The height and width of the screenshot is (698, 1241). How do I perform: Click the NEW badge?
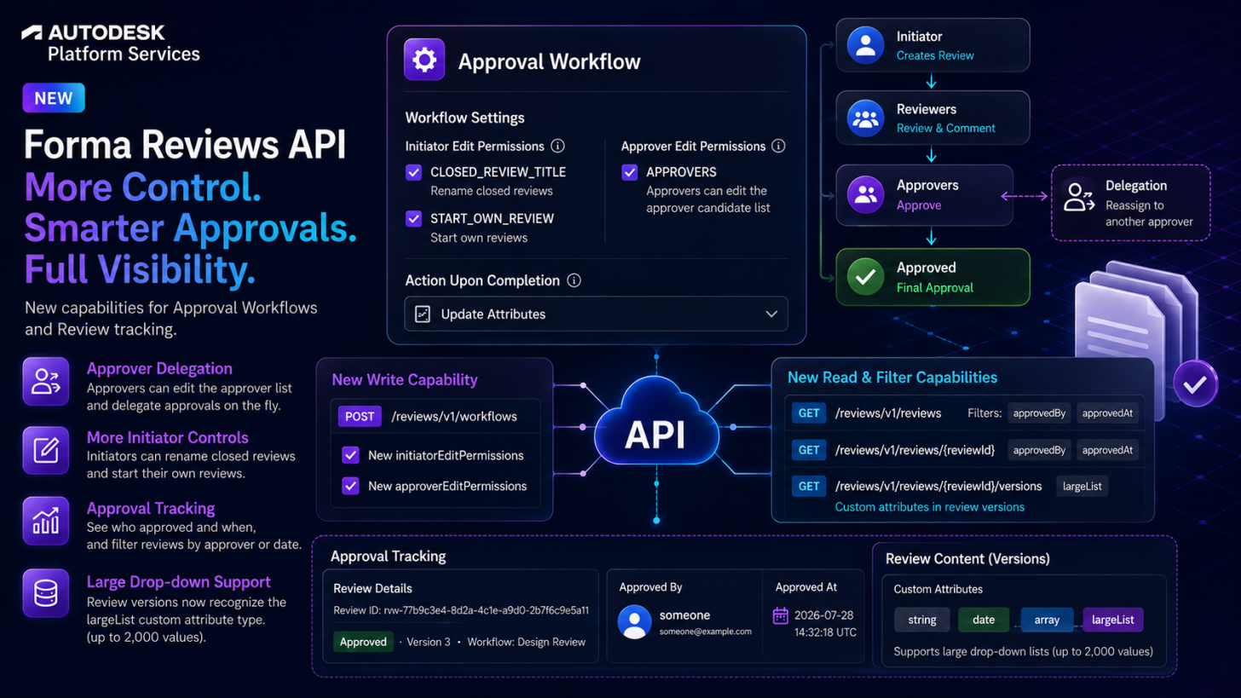[x=54, y=98]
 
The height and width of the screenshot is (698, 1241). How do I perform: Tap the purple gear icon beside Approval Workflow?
[x=424, y=60]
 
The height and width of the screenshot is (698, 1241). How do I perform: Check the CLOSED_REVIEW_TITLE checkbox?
[x=414, y=172]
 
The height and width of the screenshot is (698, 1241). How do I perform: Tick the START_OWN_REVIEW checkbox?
[x=414, y=219]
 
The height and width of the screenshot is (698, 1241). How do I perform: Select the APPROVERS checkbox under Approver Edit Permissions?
[x=629, y=172]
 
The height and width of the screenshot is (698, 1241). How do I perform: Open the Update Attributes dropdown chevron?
[x=771, y=314]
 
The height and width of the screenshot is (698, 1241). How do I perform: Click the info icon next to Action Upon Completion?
[x=574, y=280]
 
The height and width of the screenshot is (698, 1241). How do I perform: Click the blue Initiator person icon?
[x=865, y=45]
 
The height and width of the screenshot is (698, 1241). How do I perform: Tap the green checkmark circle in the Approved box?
[x=865, y=277]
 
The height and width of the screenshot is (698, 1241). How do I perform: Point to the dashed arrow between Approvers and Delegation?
[x=1025, y=196]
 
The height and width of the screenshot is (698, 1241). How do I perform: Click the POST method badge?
[x=360, y=417]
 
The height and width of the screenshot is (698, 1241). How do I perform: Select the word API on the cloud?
[x=655, y=436]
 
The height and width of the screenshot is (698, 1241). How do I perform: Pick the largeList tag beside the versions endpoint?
[x=1082, y=487]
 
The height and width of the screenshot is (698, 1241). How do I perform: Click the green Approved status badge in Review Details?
[x=363, y=642]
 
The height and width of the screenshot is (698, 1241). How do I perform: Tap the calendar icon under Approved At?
[x=781, y=615]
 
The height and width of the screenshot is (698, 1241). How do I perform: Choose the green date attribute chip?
[x=984, y=620]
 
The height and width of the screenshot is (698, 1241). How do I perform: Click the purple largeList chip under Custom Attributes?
[x=1112, y=620]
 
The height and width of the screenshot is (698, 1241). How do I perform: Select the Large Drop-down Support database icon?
[x=46, y=593]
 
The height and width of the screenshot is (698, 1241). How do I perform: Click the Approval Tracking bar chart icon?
[x=46, y=521]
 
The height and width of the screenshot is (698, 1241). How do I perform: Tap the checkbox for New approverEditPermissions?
[x=350, y=486]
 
